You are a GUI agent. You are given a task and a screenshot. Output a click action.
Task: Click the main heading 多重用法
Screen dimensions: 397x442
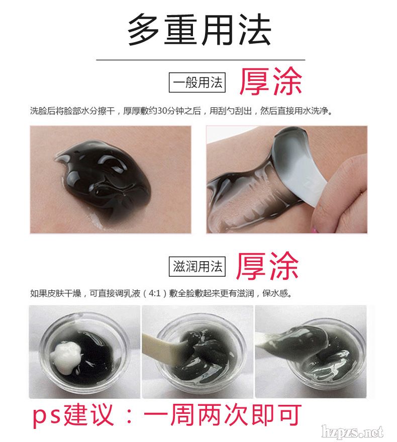[x=200, y=30]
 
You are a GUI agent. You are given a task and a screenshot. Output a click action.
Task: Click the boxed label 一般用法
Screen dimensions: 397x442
[x=197, y=82]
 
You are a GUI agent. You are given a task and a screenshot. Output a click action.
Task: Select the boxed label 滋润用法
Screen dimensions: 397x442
[x=197, y=266]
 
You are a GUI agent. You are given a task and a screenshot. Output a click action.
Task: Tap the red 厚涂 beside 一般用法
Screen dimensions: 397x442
[x=271, y=81]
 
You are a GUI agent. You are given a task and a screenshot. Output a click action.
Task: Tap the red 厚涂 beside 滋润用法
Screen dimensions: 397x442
[x=267, y=266]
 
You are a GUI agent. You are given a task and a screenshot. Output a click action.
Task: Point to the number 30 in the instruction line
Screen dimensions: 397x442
[x=162, y=111]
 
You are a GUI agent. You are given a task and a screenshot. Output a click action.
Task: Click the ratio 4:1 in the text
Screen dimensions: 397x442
[x=154, y=293]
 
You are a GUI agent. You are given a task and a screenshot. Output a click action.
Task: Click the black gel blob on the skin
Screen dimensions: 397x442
[x=105, y=180]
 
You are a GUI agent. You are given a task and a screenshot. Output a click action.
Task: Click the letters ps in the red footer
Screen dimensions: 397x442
[x=47, y=416]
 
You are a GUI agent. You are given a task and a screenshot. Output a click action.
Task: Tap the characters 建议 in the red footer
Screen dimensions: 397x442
[x=89, y=415]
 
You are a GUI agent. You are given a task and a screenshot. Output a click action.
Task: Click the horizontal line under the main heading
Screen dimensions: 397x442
[x=201, y=60]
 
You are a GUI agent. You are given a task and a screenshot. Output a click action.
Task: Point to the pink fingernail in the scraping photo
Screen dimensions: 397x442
[x=314, y=231]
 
